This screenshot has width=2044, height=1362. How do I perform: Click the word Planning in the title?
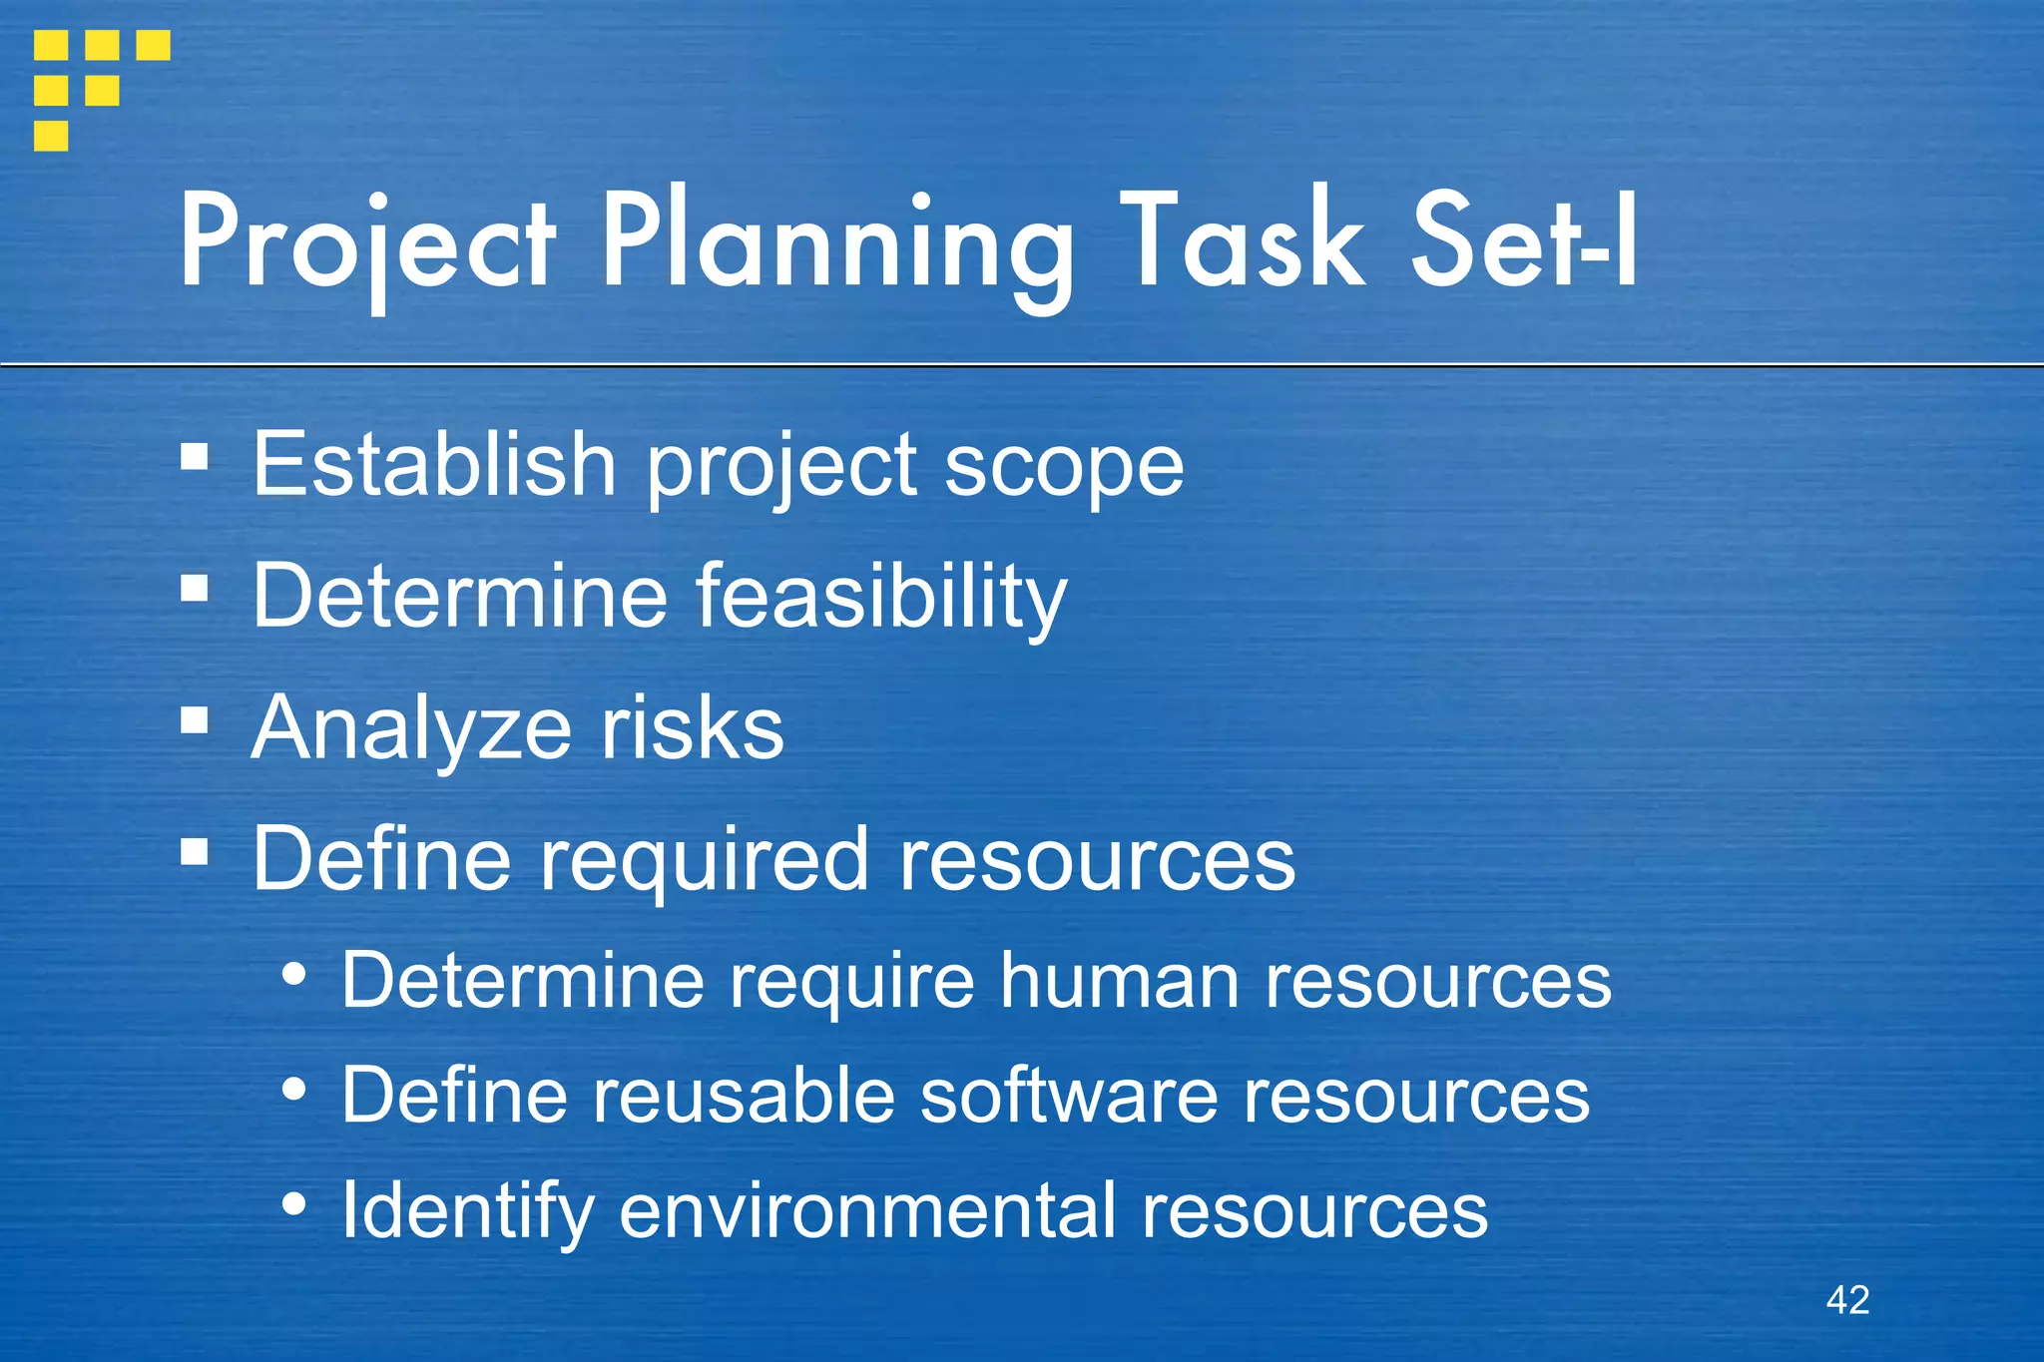(x=836, y=244)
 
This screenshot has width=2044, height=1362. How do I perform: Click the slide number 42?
(x=1847, y=1300)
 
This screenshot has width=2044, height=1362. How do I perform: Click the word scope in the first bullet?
(x=1064, y=467)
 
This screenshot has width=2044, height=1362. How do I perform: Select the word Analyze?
(x=411, y=730)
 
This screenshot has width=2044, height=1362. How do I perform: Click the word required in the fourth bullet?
(x=705, y=861)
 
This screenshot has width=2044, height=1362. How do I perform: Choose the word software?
(x=1068, y=1096)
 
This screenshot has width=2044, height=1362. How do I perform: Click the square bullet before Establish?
(x=195, y=458)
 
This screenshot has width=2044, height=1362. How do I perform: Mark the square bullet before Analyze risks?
(x=195, y=720)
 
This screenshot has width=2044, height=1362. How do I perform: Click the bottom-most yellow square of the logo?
(x=51, y=136)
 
